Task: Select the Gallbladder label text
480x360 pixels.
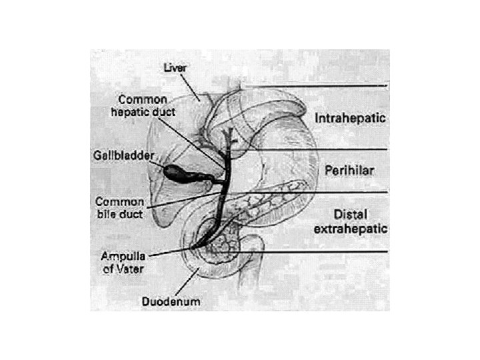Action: coord(122,155)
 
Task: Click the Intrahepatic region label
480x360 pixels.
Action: coord(351,118)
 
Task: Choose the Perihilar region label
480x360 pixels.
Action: coord(347,171)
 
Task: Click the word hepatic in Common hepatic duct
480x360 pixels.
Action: coord(129,113)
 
